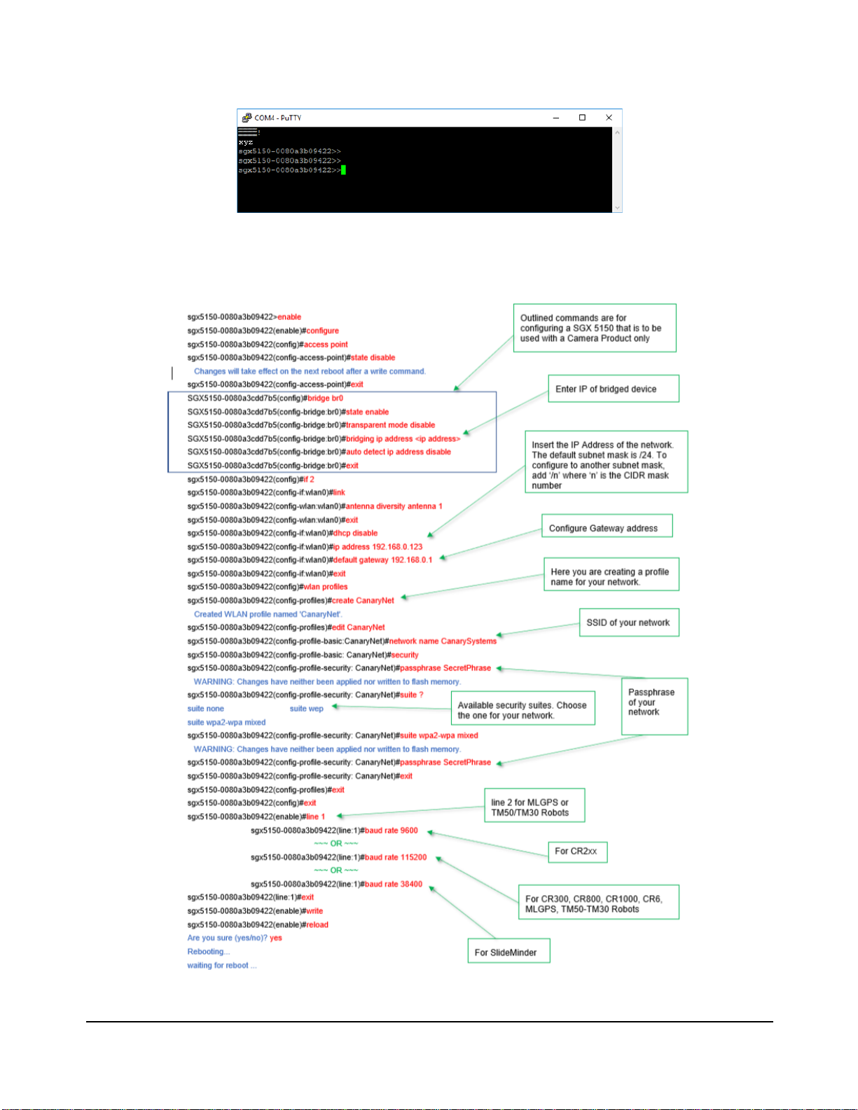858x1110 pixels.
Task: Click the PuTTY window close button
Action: [609, 118]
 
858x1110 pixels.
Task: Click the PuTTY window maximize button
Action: [582, 118]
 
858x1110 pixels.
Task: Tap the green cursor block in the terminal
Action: [344, 170]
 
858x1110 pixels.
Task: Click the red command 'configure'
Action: [322, 331]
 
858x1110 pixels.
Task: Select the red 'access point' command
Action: [326, 345]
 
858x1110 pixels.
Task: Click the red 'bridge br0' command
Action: [325, 398]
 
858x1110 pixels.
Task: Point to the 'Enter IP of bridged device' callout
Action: [614, 389]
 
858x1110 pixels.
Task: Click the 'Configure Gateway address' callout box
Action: [607, 526]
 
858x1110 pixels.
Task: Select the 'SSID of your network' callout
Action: [629, 622]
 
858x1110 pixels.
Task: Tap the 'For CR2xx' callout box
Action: [578, 852]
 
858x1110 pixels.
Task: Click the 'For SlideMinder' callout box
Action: [508, 950]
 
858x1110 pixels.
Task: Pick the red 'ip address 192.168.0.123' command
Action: [378, 546]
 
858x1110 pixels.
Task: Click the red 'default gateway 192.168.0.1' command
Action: [382, 560]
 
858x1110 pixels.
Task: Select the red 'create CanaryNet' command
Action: [363, 600]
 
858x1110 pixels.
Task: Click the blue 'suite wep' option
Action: [307, 709]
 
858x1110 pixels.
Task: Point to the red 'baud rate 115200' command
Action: [396, 857]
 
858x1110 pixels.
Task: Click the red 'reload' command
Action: [317, 924]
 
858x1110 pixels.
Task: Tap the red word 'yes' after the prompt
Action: [276, 938]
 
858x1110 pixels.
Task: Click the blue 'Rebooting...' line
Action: [209, 952]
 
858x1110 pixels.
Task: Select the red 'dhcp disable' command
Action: [356, 533]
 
